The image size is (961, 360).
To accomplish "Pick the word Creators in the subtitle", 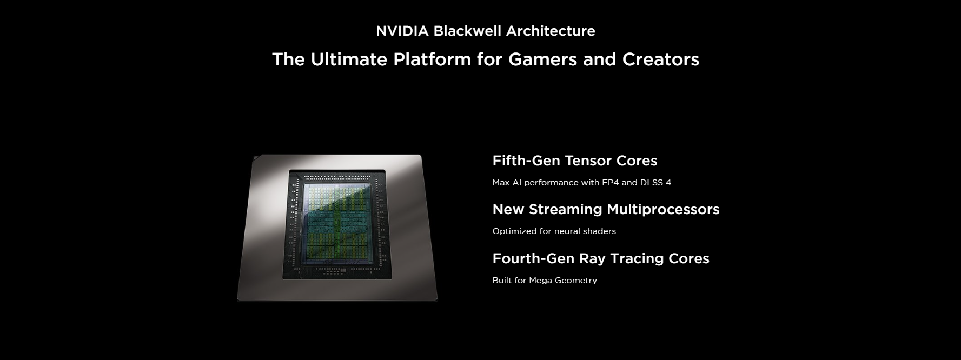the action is click(661, 59).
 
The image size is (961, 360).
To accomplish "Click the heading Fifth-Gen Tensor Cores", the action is click(575, 161).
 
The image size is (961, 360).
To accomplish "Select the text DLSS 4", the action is click(655, 182).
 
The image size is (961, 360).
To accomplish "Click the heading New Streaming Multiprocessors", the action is click(606, 209).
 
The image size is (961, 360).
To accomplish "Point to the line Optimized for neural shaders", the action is click(554, 231).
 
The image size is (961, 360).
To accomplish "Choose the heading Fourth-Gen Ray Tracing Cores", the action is click(601, 258).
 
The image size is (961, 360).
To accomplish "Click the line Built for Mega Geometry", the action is click(545, 280).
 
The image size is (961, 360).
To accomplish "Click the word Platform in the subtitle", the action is click(432, 59).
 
